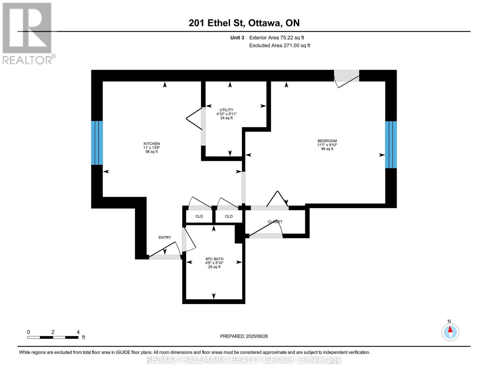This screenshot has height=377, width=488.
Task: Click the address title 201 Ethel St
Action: pyautogui.click(x=244, y=23)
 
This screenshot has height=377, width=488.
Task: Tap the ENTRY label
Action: pyautogui.click(x=165, y=238)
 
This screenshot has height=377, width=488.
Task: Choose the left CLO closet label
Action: pyautogui.click(x=199, y=216)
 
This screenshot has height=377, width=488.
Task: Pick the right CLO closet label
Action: pyautogui.click(x=229, y=216)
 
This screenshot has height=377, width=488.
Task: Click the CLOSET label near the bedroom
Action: pyautogui.click(x=275, y=222)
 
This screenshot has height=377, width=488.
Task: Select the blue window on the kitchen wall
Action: pyautogui.click(x=97, y=143)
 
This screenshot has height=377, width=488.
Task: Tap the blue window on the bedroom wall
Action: pyautogui.click(x=391, y=145)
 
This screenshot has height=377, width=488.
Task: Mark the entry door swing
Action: pyautogui.click(x=165, y=251)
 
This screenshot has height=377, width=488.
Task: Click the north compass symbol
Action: pyautogui.click(x=450, y=332)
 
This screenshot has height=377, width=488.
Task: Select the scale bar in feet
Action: pyautogui.click(x=53, y=337)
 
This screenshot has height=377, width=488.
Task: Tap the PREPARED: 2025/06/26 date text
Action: pyautogui.click(x=244, y=336)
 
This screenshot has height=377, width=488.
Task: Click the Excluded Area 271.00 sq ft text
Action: pyautogui.click(x=279, y=46)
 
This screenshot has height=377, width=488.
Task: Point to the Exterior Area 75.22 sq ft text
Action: pyautogui.click(x=277, y=38)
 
